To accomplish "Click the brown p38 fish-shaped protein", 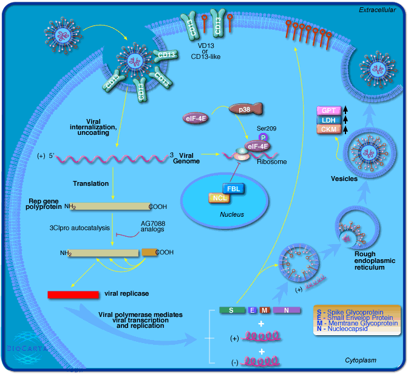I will [x=246, y=109].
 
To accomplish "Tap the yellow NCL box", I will [x=219, y=198].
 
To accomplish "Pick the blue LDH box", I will [x=329, y=120].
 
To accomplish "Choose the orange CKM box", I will [x=329, y=129].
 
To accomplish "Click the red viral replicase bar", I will [x=73, y=294].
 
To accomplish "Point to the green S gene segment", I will [x=231, y=310].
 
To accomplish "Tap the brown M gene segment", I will [x=265, y=310].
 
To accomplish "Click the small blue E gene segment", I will [x=252, y=310].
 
